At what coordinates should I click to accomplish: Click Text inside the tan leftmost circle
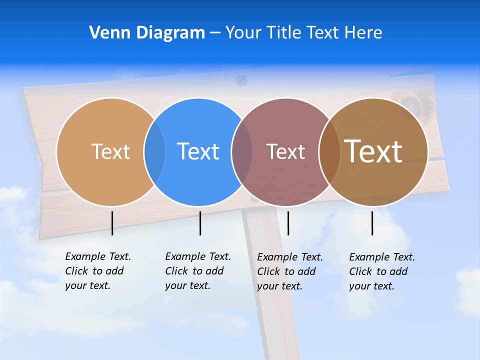coord(110,151)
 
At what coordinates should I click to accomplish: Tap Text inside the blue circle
coord(198,151)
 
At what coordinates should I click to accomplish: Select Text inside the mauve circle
coord(285,151)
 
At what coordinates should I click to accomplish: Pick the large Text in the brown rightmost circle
coord(373,151)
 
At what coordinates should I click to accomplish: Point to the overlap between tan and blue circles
coord(154,151)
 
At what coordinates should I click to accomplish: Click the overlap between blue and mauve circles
coord(242,151)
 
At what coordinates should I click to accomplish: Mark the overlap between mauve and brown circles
coord(329,151)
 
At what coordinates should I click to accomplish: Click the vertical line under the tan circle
coord(112,223)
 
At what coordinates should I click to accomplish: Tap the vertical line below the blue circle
coord(200,223)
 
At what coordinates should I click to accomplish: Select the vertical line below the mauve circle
coord(288,223)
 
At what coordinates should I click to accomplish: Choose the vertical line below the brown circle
coord(372,223)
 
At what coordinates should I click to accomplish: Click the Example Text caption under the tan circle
coord(97,271)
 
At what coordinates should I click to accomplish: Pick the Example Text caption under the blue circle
coord(197,271)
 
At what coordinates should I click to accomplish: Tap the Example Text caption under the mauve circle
coord(289,271)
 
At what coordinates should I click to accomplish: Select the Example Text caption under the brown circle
coord(381,271)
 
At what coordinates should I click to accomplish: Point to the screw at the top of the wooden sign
coord(241,79)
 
